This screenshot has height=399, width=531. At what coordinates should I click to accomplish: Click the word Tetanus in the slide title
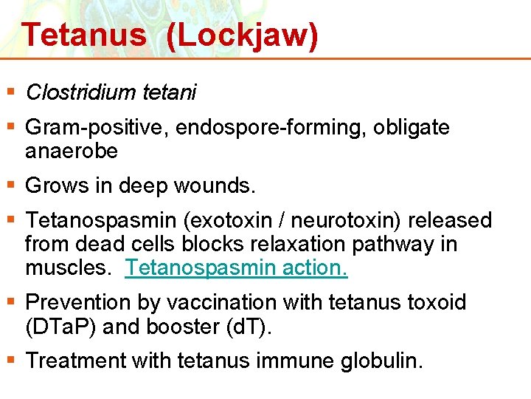(83, 35)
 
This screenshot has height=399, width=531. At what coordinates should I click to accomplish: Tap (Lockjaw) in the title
(243, 35)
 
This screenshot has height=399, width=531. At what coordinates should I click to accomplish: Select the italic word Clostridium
(80, 92)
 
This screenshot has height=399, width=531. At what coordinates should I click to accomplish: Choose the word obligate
(411, 128)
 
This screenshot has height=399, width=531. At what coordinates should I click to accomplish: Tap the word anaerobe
(72, 151)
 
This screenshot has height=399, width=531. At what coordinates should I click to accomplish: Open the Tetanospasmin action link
(236, 267)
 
